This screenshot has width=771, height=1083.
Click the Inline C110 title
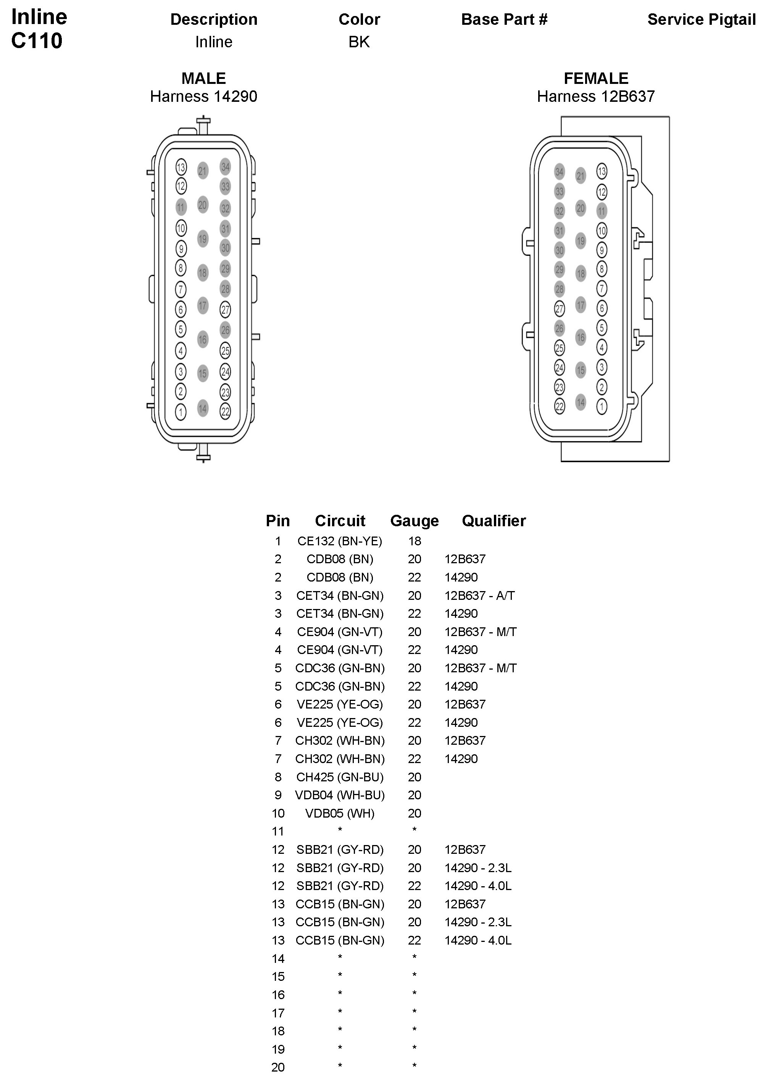coord(39,29)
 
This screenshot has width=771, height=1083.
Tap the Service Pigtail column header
coord(701,19)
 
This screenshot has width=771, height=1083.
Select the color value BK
coord(359,42)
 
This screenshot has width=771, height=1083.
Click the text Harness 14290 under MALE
coord(204,97)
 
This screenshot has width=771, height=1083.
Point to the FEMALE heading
coord(596,78)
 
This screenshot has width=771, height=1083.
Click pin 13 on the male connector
coord(181,167)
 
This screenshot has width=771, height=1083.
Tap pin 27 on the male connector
coord(226,310)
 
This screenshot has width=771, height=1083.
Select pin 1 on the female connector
coord(602,406)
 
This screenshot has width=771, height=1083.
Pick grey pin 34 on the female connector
coord(559,172)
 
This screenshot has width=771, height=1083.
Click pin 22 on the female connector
coord(560,406)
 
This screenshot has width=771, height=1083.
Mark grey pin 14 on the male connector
coord(203,408)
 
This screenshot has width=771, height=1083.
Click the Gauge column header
coord(414,521)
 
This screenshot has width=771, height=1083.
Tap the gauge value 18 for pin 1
coord(415,541)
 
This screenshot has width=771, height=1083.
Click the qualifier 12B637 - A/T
coord(479,595)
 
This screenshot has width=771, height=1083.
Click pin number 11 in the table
coord(278,832)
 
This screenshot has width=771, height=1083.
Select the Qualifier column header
coord(494,521)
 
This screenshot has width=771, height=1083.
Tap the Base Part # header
coord(504,19)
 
